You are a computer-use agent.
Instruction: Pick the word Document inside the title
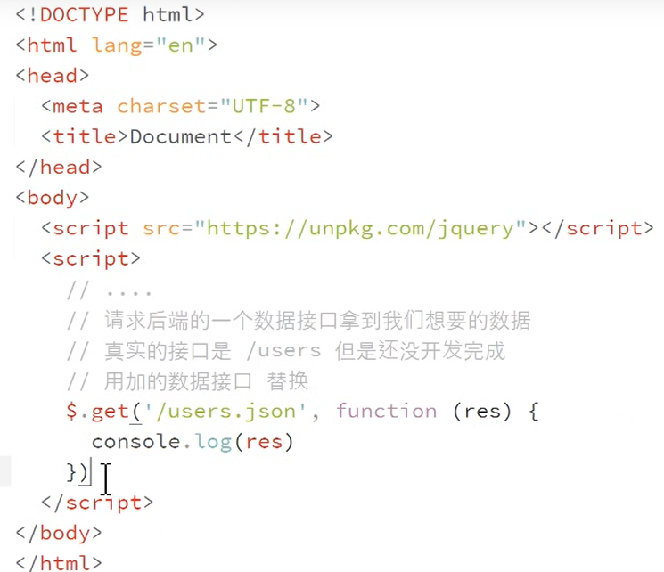[x=181, y=136]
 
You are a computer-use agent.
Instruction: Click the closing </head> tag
[x=59, y=167]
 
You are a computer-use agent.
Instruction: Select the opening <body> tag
[x=53, y=197]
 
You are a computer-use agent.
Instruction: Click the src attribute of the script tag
[x=161, y=228]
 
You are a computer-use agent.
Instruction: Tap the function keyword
[x=386, y=411]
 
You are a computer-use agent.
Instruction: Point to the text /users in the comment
[x=289, y=350]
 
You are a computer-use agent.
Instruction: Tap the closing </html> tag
[x=59, y=562]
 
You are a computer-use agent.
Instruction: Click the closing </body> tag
[x=59, y=533]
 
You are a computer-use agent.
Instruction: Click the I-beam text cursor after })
[x=106, y=478]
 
